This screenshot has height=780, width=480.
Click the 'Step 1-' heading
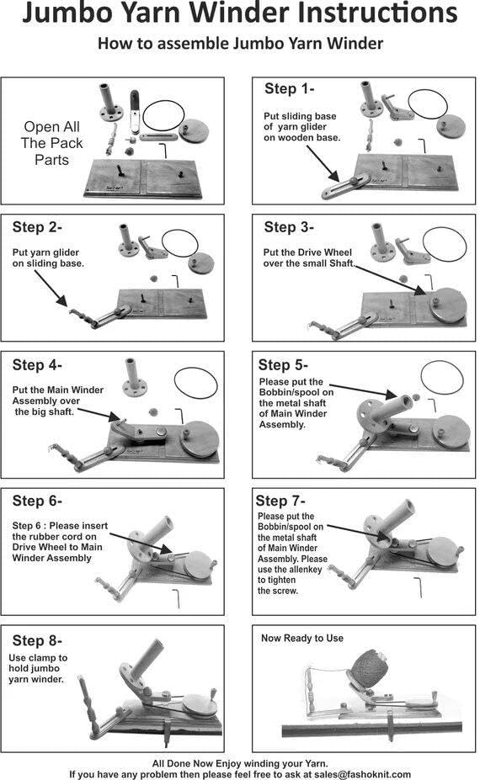(x=290, y=89)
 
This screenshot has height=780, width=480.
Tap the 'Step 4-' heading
(x=37, y=365)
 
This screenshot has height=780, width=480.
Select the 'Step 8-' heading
(x=37, y=640)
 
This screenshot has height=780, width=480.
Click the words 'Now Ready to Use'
(x=302, y=639)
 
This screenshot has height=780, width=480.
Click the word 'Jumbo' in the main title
(x=67, y=13)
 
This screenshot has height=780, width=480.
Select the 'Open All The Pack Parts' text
(x=51, y=143)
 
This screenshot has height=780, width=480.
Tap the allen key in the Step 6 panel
(x=177, y=598)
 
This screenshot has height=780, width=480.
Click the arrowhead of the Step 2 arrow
(x=63, y=301)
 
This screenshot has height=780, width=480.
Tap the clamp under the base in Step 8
(x=166, y=731)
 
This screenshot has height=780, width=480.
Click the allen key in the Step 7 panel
(x=419, y=587)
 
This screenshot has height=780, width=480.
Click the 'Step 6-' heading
(x=37, y=501)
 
